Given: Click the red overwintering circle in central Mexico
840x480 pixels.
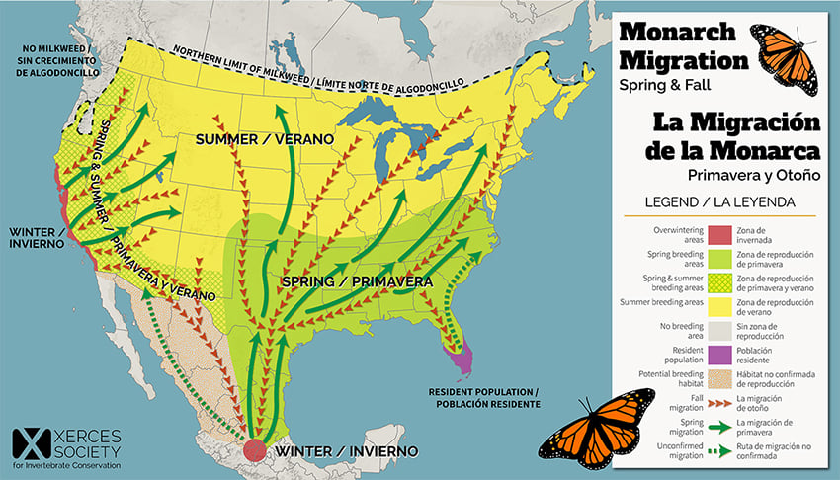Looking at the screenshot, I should coord(255,449).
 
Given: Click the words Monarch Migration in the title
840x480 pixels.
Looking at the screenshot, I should coord(684,44).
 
